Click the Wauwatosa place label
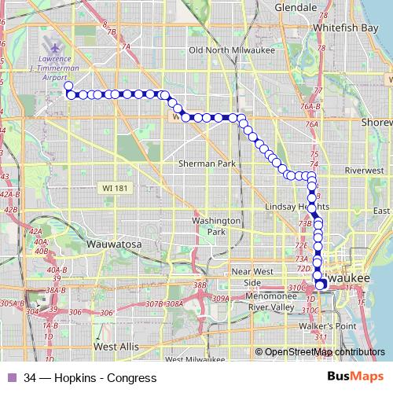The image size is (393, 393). pyautogui.click(x=114, y=244)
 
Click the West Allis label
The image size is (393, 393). pyautogui.click(x=117, y=345)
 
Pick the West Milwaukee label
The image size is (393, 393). pyautogui.click(x=196, y=359)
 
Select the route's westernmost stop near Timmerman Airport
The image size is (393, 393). pyautogui.click(x=68, y=86)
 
